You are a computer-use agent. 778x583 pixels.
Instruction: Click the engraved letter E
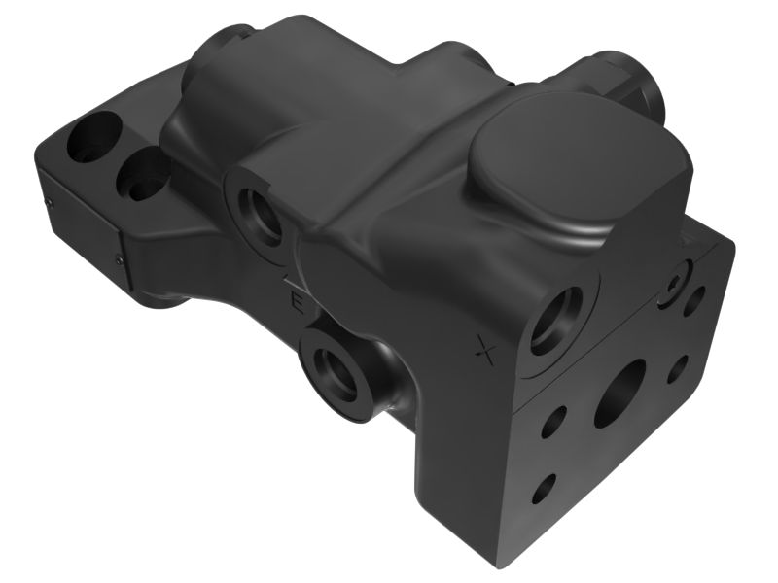[300, 304]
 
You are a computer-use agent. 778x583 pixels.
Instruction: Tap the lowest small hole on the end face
[548, 483]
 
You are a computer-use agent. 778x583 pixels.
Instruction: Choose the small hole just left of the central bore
[558, 419]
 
